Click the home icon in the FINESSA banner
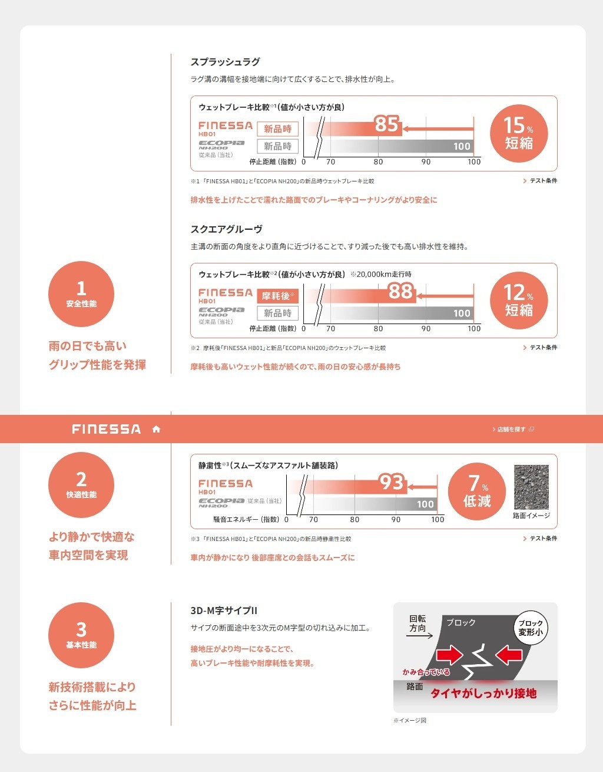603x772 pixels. pyautogui.click(x=156, y=429)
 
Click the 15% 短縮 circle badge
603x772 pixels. pyautogui.click(x=519, y=134)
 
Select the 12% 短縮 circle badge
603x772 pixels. pyautogui.click(x=519, y=301)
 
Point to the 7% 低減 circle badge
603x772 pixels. pyautogui.click(x=476, y=491)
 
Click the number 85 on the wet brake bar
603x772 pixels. pyautogui.click(x=386, y=124)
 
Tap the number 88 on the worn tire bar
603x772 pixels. pyautogui.click(x=400, y=291)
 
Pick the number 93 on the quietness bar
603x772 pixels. pyautogui.click(x=392, y=482)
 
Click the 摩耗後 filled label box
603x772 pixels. pyautogui.click(x=277, y=296)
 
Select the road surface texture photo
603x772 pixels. pyautogui.click(x=531, y=487)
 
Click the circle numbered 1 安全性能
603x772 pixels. pyautogui.click(x=81, y=294)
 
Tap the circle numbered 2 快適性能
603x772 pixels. pyautogui.click(x=81, y=484)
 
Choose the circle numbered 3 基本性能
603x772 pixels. pyautogui.click(x=81, y=635)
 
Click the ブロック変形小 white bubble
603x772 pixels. pyautogui.click(x=531, y=628)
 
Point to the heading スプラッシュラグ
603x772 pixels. pyautogui.click(x=225, y=62)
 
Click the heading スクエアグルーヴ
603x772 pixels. pyautogui.click(x=227, y=229)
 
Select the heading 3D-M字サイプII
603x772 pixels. pyautogui.click(x=224, y=611)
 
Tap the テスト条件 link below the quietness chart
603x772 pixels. pyautogui.click(x=540, y=538)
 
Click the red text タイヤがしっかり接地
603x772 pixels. pyautogui.click(x=483, y=693)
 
